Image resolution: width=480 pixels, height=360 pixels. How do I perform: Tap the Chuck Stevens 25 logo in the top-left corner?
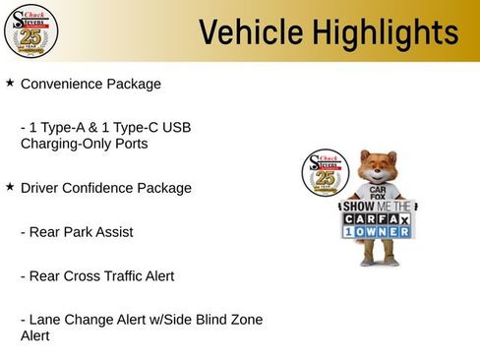click(30, 31)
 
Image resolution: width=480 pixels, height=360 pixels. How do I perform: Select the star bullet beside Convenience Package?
click(10, 84)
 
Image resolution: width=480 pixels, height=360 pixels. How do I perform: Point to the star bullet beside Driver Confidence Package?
click(10, 186)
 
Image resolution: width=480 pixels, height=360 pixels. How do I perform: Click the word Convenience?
click(62, 85)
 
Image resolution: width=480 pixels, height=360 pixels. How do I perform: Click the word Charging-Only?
click(63, 144)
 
